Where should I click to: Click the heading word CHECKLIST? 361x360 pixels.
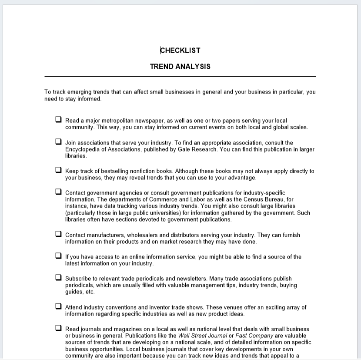[180, 50]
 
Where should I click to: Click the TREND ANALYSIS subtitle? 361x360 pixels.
[180, 67]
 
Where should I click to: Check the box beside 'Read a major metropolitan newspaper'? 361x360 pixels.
[58, 119]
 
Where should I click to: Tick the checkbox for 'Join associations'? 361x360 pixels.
[58, 141]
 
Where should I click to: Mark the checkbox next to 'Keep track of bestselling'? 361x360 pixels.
[58, 170]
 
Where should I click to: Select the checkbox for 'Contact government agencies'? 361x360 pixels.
[58, 192]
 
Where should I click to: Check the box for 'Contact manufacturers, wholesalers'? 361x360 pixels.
[58, 234]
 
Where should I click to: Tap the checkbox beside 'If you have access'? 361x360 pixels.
[58, 256]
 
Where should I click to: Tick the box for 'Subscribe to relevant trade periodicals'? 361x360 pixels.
[58, 277]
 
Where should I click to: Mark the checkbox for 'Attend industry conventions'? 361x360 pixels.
[58, 306]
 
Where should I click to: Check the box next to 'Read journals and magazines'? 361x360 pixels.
[58, 328]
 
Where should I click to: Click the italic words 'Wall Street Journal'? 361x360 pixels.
[202, 336]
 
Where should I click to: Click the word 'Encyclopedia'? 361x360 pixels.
[84, 149]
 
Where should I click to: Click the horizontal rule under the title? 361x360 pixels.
[180, 77]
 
